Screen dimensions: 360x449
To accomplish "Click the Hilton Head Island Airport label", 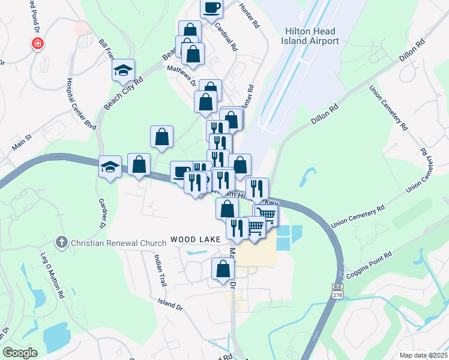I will pos(310,35).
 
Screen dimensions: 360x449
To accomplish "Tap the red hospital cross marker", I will pos(38,44).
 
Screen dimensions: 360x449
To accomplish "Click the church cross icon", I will pos(61,242).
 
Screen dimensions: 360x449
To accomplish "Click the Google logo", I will pos(20,353).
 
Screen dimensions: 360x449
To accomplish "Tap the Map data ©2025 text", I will pos(423,355).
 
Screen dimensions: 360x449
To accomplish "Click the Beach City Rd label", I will pos(123,94).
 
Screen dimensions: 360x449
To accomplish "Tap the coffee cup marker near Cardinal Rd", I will pos(212,8).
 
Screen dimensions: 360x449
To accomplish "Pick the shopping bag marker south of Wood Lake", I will pos(223,269).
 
